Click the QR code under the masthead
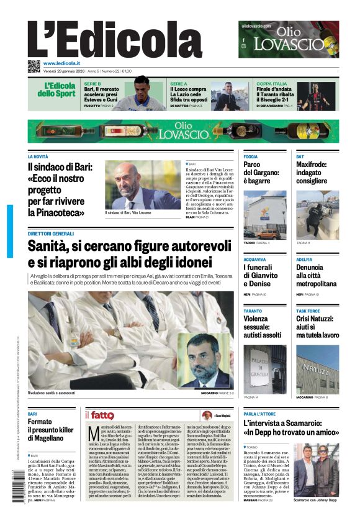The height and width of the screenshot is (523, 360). (34, 66)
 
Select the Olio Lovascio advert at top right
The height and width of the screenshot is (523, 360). (289, 39)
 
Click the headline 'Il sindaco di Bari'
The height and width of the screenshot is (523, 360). (60, 167)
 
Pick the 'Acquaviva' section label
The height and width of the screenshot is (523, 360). (254, 259)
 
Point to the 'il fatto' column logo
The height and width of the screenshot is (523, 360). (99, 414)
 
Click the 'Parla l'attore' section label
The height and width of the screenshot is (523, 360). (259, 414)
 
